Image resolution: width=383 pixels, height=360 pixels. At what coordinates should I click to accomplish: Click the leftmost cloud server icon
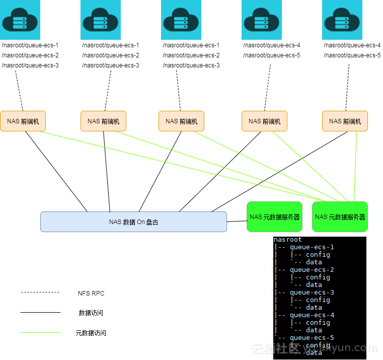tap(20, 20)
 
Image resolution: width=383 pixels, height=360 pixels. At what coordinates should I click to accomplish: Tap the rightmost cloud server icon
tap(342, 20)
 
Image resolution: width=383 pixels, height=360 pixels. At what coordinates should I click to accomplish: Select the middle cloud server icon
tap(181, 20)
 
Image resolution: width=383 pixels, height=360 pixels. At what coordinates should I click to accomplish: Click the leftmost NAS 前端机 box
tap(23, 121)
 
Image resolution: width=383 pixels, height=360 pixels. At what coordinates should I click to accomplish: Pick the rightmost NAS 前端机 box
tap(345, 121)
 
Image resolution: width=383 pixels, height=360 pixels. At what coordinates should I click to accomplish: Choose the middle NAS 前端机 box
tap(181, 121)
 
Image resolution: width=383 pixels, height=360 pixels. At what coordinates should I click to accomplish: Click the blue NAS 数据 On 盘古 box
tap(133, 222)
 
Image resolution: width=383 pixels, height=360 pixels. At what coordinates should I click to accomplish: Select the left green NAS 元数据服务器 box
tap(274, 217)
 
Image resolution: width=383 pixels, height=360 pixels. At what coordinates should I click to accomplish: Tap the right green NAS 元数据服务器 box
tap(340, 217)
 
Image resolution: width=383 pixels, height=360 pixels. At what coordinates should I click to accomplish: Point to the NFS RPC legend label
tap(91, 293)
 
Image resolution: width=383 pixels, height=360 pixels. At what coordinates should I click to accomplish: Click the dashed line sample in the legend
tap(40, 293)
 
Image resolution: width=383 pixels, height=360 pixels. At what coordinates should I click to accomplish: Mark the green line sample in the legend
tap(40, 333)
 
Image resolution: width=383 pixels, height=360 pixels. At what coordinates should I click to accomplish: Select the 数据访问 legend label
tap(91, 313)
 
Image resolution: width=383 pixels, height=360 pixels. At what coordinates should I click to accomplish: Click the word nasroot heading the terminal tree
tap(288, 240)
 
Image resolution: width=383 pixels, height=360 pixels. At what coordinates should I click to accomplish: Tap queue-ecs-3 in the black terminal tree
tap(312, 293)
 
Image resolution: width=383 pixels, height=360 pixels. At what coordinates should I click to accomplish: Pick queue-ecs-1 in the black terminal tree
tap(312, 247)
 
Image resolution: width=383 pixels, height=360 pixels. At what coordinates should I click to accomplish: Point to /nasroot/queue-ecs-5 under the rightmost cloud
tap(352, 55)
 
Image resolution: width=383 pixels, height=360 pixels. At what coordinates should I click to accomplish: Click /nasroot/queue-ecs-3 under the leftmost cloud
tap(30, 65)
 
